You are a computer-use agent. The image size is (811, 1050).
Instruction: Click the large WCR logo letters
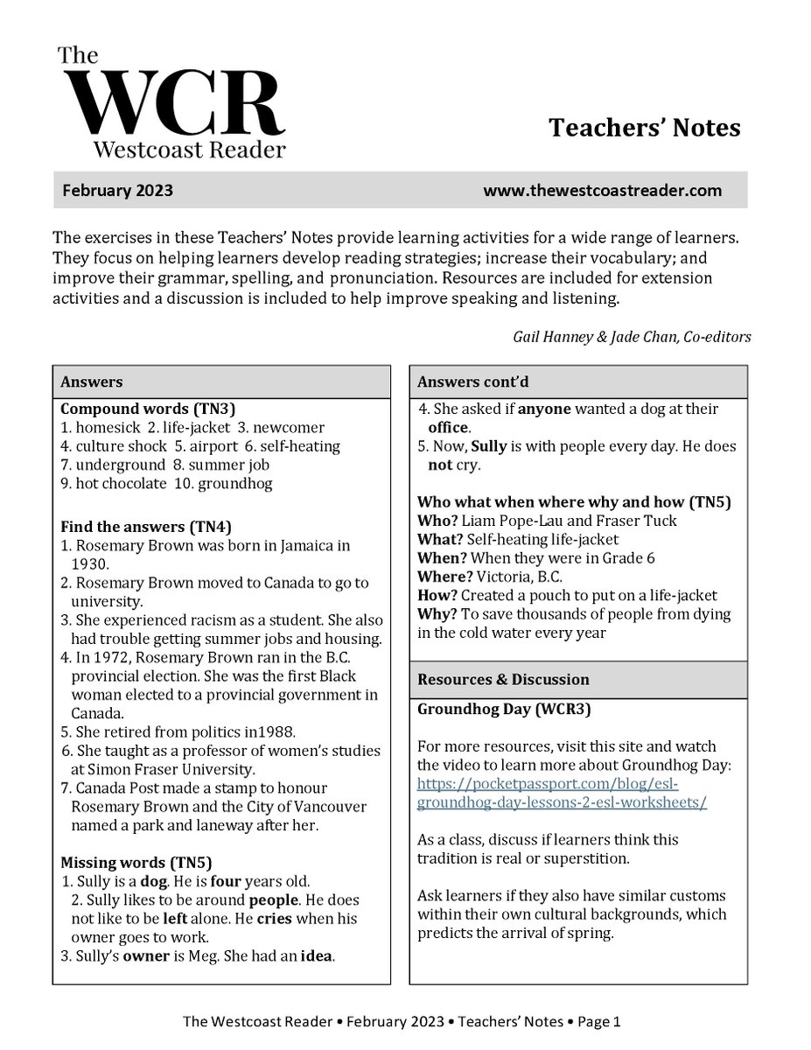171,102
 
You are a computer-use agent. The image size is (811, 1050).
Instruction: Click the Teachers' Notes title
644,128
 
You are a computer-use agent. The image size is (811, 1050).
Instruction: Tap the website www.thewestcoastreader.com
602,191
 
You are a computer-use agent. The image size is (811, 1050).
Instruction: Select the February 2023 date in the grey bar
117,191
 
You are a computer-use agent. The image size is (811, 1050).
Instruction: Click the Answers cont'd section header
472,381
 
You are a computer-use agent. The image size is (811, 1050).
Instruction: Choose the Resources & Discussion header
503,679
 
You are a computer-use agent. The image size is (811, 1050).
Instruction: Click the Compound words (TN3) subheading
136,409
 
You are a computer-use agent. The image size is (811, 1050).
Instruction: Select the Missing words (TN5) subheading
136,862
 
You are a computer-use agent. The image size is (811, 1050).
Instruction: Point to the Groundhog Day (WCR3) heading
503,710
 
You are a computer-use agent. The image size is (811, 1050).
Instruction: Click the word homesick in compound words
105,428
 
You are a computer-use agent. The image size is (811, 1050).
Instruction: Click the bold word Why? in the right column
435,614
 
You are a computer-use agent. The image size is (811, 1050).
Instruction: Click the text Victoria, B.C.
512,577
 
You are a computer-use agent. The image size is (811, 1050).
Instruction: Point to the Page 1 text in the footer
599,1021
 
